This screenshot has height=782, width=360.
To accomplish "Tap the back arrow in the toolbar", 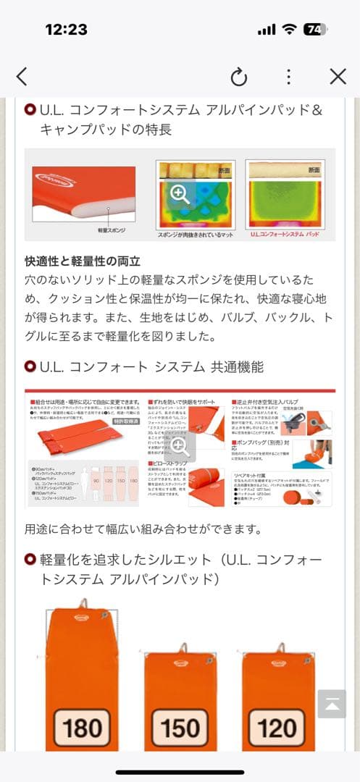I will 22,77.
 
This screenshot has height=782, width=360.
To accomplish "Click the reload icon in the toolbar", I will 238,77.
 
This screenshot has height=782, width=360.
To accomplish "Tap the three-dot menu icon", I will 288,77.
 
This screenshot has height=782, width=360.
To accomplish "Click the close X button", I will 338,77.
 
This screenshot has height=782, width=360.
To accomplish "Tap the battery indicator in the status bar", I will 314,30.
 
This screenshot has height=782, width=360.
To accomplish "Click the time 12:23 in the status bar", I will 66,30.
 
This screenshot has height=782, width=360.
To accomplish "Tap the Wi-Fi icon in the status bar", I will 290,30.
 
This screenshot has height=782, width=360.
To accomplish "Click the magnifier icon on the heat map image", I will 180,193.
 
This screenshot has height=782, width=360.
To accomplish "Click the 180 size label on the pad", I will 83,726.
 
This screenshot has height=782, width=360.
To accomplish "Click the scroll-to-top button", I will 332,704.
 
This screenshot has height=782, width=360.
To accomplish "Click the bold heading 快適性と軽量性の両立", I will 83,261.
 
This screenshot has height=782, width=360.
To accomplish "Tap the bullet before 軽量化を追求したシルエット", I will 30,560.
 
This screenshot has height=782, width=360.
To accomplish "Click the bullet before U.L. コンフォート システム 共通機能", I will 30,367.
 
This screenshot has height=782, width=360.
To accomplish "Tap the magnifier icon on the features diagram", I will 180,445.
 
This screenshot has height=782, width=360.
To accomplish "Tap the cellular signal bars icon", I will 267,30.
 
